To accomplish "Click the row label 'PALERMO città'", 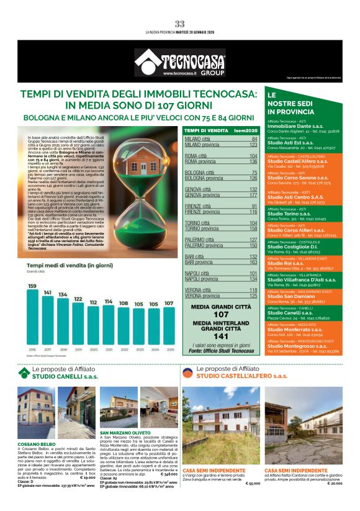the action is click(199, 239).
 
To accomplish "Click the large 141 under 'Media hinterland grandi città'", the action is click(221, 336).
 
